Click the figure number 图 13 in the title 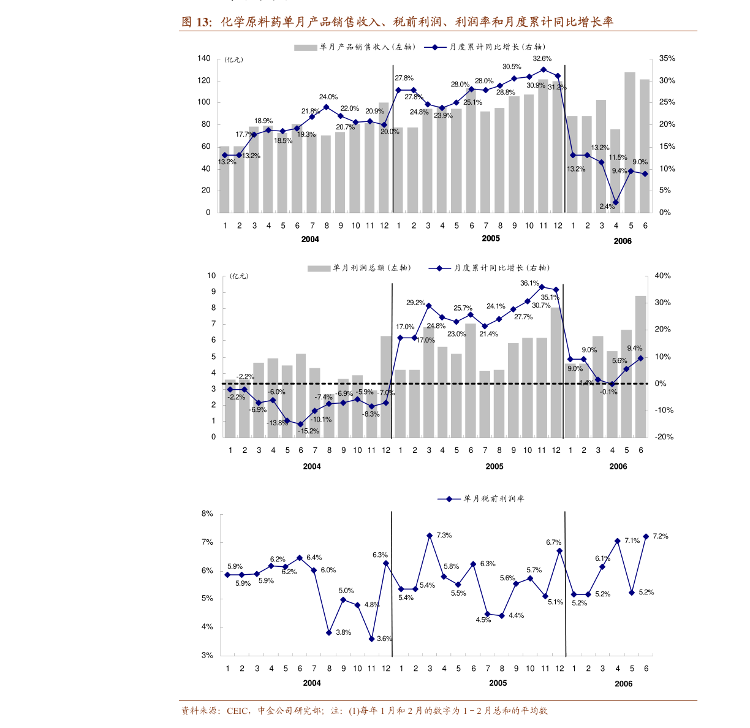(x=195, y=23)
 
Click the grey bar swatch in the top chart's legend (x=306, y=47)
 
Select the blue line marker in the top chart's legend (x=435, y=47)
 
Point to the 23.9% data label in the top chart (x=443, y=116)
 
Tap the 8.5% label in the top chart (x=284, y=141)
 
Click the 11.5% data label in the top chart (x=618, y=157)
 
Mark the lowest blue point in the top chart (x=616, y=202)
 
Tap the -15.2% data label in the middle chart (x=308, y=431)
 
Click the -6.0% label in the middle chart (x=276, y=392)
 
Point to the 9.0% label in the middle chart (x=575, y=369)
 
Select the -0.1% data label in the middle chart (x=608, y=392)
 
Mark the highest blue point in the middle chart (x=542, y=286)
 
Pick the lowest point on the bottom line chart (x=372, y=639)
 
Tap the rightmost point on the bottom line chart (x=646, y=536)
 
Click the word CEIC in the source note (x=237, y=711)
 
